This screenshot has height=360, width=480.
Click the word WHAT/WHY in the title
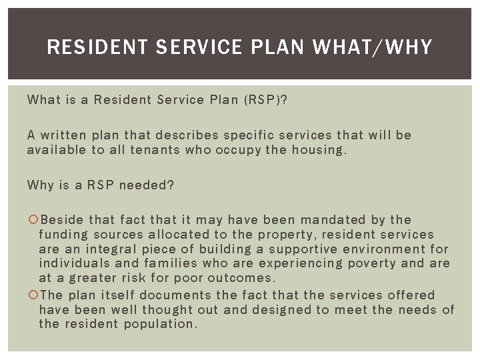coord(372,47)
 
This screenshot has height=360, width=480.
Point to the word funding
coord(63,235)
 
